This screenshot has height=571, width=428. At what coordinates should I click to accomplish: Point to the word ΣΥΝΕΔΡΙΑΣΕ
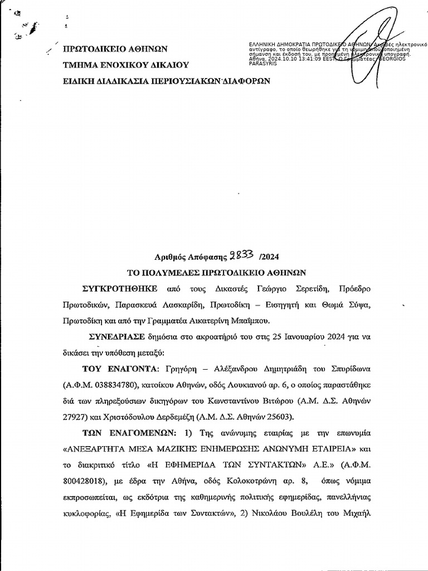click(116, 337)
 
